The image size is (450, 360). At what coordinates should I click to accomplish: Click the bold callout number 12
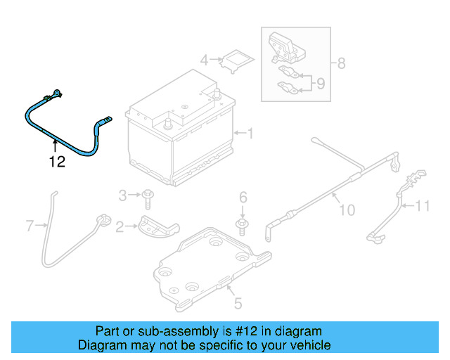click(x=56, y=162)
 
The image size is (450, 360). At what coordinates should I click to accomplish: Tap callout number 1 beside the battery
click(x=248, y=132)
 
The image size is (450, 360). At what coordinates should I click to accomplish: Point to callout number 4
click(x=204, y=60)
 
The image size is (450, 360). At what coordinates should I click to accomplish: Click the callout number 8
click(x=341, y=63)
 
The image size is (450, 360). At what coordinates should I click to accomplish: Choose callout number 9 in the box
click(x=320, y=84)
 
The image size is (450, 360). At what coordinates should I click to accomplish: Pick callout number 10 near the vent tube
click(x=347, y=210)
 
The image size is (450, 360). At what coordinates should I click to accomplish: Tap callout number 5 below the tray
click(x=238, y=304)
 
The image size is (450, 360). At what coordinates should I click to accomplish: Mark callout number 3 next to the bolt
click(x=122, y=195)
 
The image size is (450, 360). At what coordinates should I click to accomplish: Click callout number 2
click(x=120, y=226)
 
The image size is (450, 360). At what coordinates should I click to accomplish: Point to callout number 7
click(x=30, y=226)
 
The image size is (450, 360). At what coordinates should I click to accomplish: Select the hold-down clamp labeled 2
click(x=158, y=229)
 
